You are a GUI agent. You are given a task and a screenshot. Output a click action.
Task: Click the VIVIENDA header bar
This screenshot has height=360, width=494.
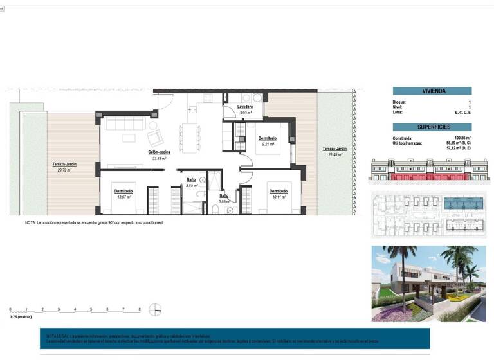click(x=432, y=91)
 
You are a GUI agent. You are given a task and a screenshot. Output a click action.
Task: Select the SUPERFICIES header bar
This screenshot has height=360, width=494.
click(x=432, y=127)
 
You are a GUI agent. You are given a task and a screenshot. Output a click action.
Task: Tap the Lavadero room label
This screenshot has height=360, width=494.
click(x=244, y=107)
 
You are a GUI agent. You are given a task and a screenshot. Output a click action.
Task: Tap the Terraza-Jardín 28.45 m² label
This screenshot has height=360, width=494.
click(x=336, y=151)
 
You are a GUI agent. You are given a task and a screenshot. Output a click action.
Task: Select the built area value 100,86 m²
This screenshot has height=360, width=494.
click(x=462, y=138)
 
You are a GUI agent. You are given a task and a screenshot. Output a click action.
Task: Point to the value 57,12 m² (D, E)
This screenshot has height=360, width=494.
click(x=458, y=147)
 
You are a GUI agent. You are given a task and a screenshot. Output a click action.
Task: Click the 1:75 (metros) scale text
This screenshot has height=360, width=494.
click(x=21, y=317)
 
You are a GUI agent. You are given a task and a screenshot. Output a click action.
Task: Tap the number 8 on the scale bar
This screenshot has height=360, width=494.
click(x=140, y=310)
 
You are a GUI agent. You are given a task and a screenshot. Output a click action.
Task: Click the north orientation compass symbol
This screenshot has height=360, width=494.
click(x=154, y=309)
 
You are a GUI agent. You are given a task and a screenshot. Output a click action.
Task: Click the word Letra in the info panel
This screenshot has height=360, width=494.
click(x=398, y=113)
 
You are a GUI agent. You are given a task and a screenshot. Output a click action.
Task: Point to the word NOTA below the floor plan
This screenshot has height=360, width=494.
click(x=30, y=222)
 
